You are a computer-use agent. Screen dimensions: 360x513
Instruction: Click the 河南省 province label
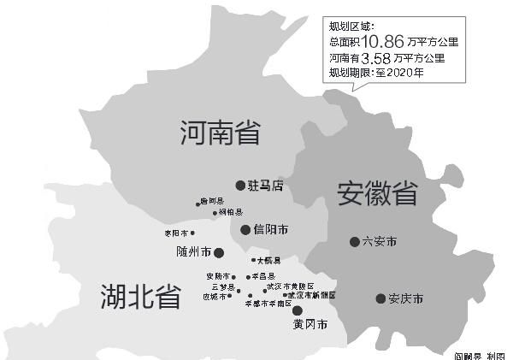221,133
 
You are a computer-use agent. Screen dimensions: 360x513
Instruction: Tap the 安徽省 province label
376,192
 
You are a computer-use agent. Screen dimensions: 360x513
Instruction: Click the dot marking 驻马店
240,185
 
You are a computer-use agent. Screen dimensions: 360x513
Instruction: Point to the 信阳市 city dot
245,229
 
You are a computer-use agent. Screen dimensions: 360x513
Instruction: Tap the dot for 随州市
218,252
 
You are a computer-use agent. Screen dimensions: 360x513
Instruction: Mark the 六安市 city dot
354,242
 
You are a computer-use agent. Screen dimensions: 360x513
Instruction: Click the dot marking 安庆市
380,298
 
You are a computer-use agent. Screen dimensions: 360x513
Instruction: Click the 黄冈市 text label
310,326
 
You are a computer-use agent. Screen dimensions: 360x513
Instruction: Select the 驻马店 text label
265,185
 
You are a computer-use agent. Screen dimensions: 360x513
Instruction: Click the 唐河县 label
211,202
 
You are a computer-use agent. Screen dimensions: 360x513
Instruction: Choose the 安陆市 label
217,277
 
